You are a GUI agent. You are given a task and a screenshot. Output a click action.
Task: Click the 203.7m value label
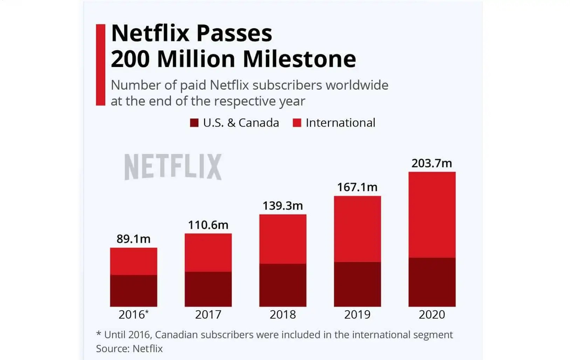click(x=432, y=163)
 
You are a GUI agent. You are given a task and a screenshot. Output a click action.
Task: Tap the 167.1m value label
click(x=357, y=187)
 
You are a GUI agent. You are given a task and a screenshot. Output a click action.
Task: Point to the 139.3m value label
click(x=283, y=206)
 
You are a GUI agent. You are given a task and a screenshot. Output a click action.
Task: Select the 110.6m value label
click(x=208, y=225)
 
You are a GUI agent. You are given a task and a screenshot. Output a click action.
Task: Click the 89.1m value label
click(x=133, y=239)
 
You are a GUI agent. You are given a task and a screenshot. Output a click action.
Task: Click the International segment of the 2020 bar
click(x=432, y=215)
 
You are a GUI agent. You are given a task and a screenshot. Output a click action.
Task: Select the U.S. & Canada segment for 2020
click(x=432, y=282)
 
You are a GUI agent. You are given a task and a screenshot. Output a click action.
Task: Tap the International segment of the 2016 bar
click(x=133, y=261)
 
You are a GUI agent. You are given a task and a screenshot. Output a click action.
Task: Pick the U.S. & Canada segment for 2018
click(x=283, y=285)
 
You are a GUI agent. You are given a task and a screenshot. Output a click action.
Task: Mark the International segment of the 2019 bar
click(x=357, y=229)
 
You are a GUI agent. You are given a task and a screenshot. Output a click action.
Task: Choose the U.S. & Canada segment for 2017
click(x=208, y=289)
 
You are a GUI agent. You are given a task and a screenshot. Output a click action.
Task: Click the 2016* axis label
click(x=133, y=315)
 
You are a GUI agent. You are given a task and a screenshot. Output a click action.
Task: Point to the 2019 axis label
click(x=357, y=315)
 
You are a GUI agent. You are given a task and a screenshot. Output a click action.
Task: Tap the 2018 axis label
click(x=283, y=315)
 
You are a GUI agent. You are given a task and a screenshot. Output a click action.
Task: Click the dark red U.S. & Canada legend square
click(x=194, y=123)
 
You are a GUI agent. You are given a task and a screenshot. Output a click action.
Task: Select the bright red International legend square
click(x=297, y=123)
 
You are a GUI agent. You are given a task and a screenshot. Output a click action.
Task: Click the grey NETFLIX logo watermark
click(x=173, y=167)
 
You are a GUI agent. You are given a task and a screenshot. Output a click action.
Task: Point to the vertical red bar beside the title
click(x=101, y=65)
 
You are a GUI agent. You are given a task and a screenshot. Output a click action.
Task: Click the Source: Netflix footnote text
click(x=129, y=349)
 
